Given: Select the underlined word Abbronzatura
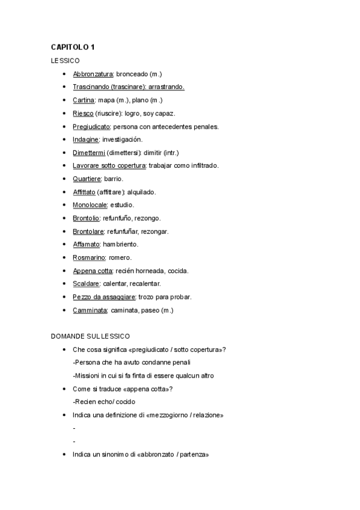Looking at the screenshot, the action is [x=93, y=73].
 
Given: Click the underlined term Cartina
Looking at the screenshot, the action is [x=84, y=100].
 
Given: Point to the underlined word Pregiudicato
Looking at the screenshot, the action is [x=91, y=126].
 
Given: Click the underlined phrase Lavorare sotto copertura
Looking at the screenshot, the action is [x=109, y=165].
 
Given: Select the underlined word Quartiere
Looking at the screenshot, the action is [x=87, y=179].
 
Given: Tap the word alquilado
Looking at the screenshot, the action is [x=141, y=192].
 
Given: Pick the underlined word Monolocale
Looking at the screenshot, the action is [x=90, y=205].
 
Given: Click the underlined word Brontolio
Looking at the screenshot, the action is [x=87, y=218].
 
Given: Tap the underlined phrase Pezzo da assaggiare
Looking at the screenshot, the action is [x=104, y=297].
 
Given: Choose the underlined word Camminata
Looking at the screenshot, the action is [x=90, y=310].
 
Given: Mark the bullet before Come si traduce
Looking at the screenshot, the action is [x=64, y=389].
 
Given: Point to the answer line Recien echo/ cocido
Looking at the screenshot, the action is [x=105, y=402].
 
